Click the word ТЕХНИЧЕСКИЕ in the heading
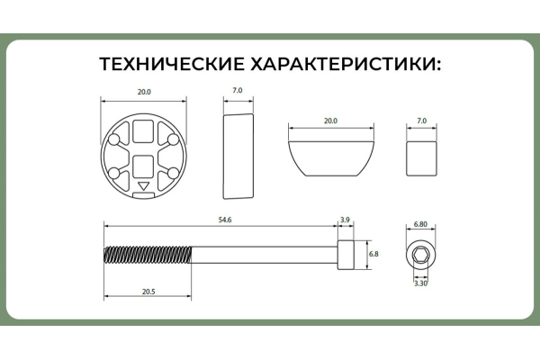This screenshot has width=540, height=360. [x=171, y=64]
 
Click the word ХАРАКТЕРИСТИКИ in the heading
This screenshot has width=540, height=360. [x=346, y=64]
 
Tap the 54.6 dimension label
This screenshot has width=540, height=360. [x=225, y=220]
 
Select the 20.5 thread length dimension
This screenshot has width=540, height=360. [x=148, y=292]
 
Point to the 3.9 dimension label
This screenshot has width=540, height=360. [x=345, y=220]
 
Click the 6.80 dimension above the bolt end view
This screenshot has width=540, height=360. [x=420, y=224]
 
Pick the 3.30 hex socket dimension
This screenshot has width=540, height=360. [x=420, y=283]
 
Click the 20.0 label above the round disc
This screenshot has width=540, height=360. [x=144, y=92]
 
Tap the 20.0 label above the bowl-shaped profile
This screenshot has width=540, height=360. [x=330, y=121]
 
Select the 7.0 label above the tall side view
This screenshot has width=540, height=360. [x=238, y=90]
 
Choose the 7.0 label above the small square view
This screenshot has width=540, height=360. [x=421, y=121]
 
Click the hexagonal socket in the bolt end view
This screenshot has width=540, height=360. [x=420, y=256]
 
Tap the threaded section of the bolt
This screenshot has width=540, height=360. [x=148, y=255]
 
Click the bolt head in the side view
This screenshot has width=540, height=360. [x=346, y=255]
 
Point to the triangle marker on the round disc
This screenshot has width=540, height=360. [x=144, y=186]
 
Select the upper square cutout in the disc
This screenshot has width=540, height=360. [x=143, y=131]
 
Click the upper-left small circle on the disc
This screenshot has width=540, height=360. [x=114, y=139]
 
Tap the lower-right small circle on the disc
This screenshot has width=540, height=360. [x=173, y=173]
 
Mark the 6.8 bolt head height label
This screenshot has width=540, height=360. [x=373, y=254]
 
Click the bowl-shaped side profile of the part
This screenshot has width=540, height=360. [x=330, y=158]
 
